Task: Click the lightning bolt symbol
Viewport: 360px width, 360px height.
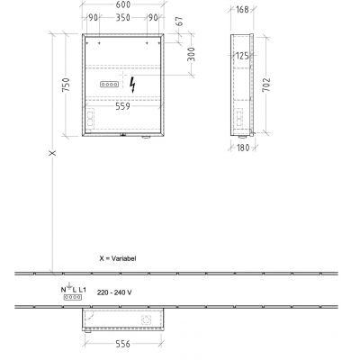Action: [134, 85]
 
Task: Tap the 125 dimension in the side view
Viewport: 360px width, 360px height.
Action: [242, 57]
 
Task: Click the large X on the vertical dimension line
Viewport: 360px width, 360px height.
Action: [52, 154]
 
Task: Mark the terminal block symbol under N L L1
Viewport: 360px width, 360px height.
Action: [71, 295]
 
